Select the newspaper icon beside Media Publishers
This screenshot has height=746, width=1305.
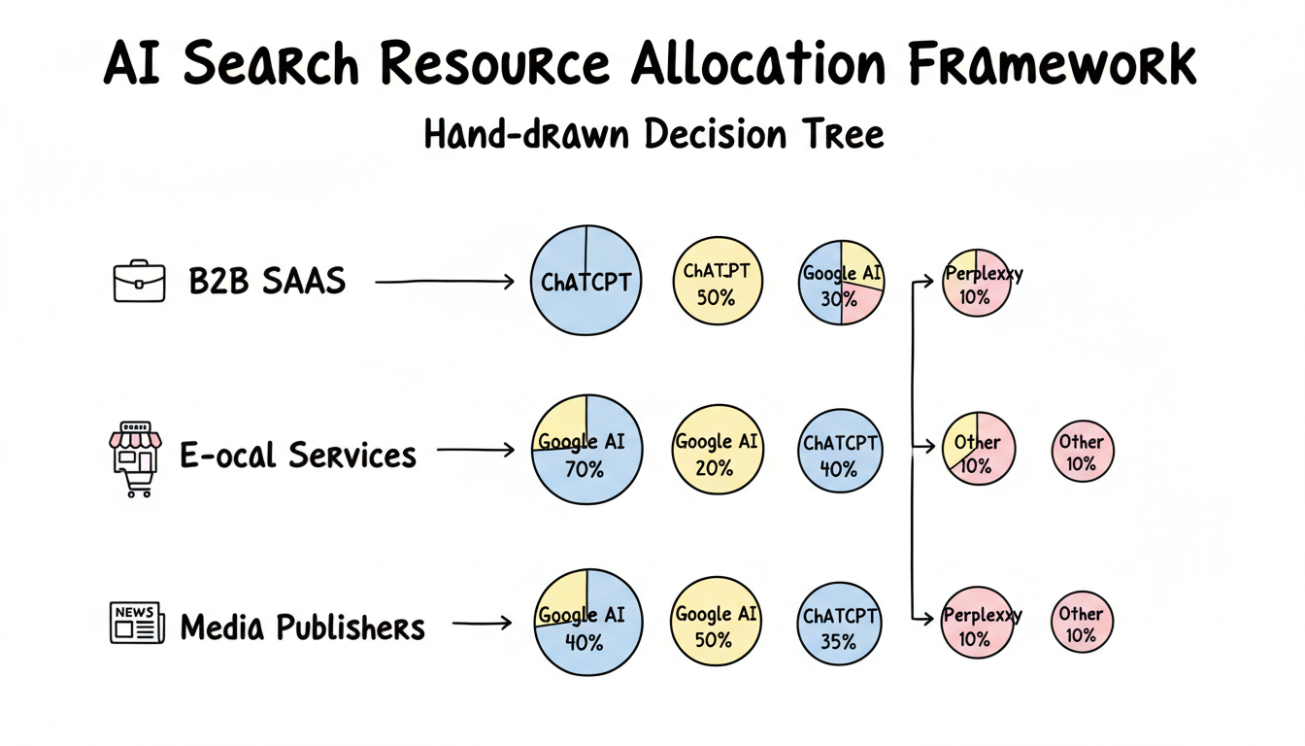point(134,624)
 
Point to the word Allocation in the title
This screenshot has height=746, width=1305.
point(758,65)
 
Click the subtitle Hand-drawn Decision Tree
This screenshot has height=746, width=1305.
point(653,134)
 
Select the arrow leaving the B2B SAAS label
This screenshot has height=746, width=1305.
point(444,283)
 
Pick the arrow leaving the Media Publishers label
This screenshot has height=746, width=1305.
point(482,624)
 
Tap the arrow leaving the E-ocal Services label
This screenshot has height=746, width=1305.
point(476,450)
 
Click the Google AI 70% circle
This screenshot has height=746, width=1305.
point(586,450)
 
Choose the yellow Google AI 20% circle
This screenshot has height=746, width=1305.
point(718,450)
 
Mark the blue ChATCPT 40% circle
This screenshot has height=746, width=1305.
point(840,452)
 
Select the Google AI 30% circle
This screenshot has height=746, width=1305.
point(842,282)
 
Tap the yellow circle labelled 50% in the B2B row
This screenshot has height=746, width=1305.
point(718,281)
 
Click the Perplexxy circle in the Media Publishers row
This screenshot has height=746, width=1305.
point(978,624)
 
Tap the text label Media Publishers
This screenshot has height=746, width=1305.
point(303,627)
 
